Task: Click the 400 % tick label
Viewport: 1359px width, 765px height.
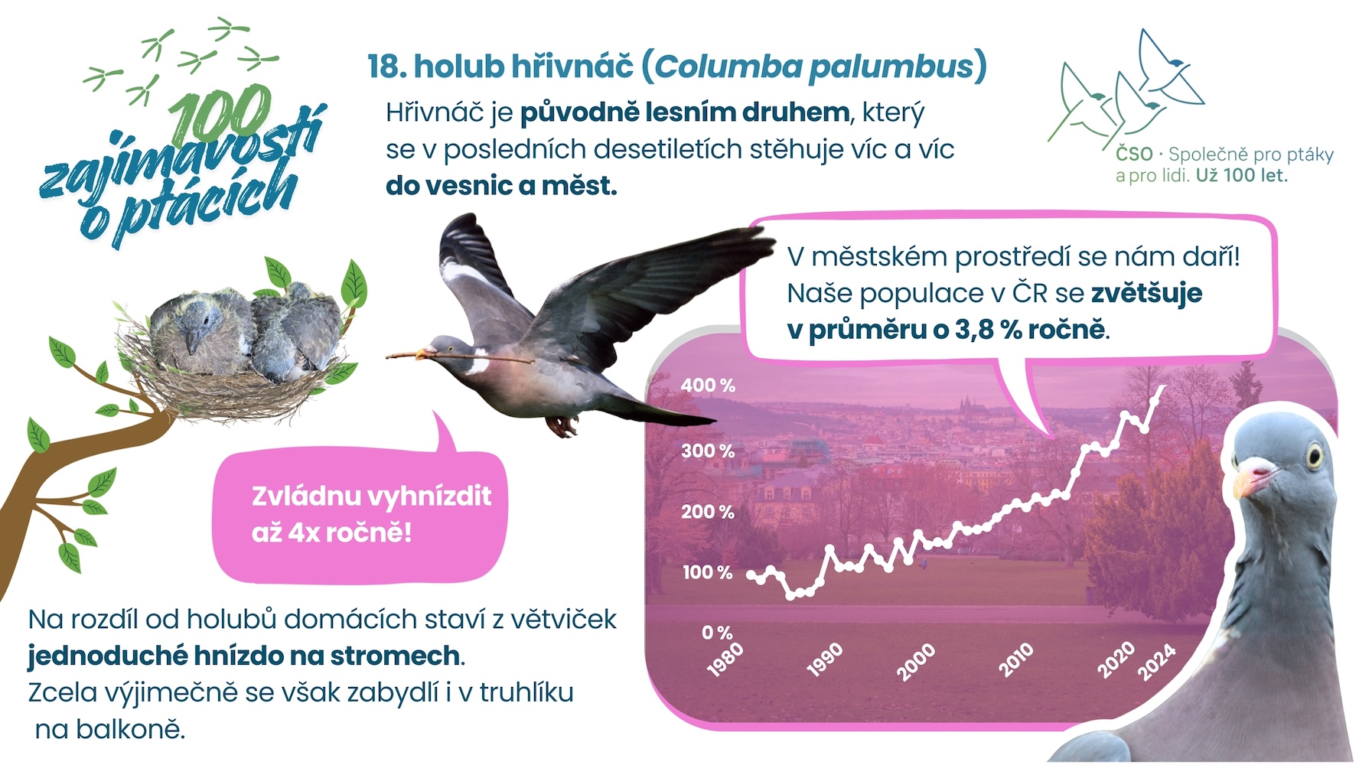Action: (x=708, y=385)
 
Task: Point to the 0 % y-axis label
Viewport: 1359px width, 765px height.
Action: (x=717, y=633)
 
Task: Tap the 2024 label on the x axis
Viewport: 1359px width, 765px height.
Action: (x=1156, y=662)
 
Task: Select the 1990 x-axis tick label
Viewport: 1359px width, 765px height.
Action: (x=824, y=659)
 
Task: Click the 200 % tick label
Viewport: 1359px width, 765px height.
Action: (x=708, y=511)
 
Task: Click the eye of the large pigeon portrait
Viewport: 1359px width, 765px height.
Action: (x=1315, y=455)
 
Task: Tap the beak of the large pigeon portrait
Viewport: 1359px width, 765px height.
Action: (x=1250, y=480)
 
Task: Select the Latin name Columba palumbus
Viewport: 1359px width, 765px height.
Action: (x=814, y=67)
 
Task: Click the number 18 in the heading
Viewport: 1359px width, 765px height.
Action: (x=387, y=67)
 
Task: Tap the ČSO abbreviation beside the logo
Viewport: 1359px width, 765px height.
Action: (x=1134, y=155)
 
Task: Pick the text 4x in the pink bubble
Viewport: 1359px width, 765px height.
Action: (x=304, y=532)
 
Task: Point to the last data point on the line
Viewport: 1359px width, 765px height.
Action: (x=1165, y=387)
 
